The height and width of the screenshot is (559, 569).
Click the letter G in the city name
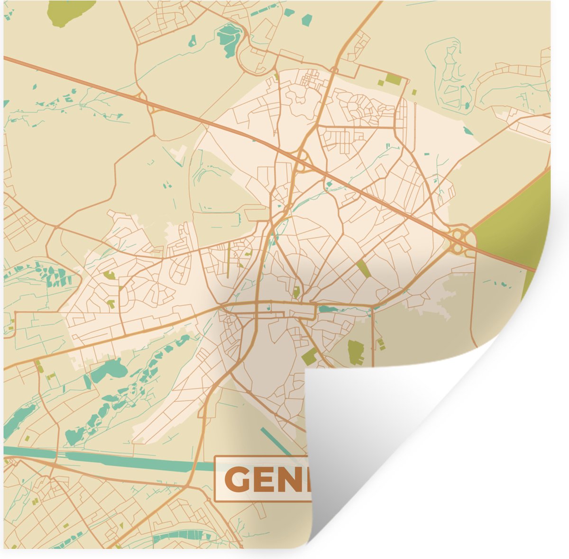click(x=238, y=479)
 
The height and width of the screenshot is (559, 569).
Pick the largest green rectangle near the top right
click(x=393, y=79)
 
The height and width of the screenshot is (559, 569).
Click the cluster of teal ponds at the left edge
click(x=57, y=275)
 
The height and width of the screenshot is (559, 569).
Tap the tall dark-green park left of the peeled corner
click(x=355, y=352)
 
